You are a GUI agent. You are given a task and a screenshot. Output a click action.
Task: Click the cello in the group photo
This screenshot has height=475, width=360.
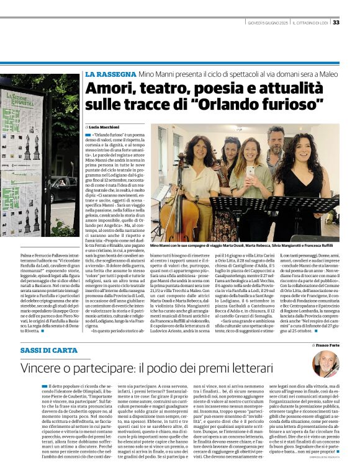pyautogui.click(x=176, y=214)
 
